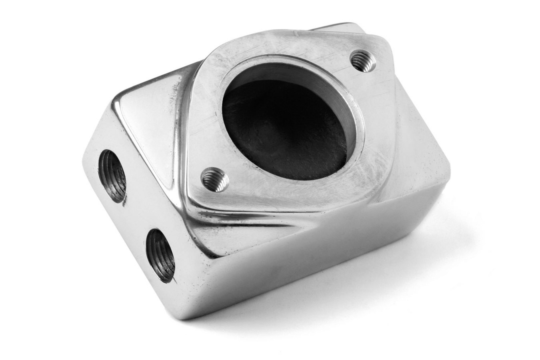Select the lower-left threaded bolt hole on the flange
pos(215,179)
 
